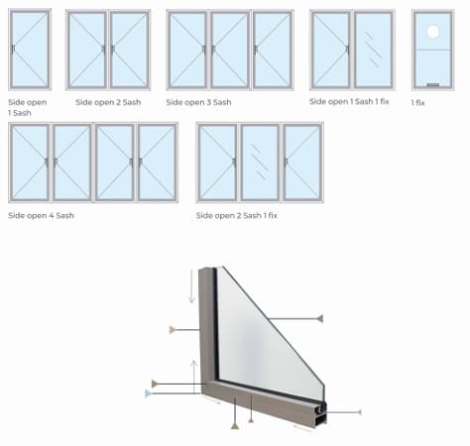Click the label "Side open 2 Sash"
pyautogui.click(x=108, y=102)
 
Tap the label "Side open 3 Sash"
pyautogui.click(x=198, y=102)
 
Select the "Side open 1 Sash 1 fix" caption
pyautogui.click(x=349, y=101)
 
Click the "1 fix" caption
pyautogui.click(x=417, y=103)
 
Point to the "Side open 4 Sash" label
pyautogui.click(x=41, y=216)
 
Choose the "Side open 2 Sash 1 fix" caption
pyautogui.click(x=237, y=216)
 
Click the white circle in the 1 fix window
pyautogui.click(x=433, y=32)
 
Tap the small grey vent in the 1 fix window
pyautogui.click(x=433, y=85)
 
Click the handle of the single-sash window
pyautogui.click(x=13, y=50)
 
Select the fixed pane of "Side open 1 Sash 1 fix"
pyautogui.click(x=374, y=50)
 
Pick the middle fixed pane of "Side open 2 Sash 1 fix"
pyautogui.click(x=260, y=163)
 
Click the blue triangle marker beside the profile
pyautogui.click(x=148, y=393)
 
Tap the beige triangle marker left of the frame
pyautogui.click(x=173, y=330)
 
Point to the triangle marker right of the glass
pyautogui.click(x=319, y=319)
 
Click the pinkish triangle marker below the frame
pyautogui.click(x=251, y=420)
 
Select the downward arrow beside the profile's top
pyautogui.click(x=191, y=286)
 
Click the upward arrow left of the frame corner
pyautogui.click(x=194, y=377)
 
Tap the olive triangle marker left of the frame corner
pyautogui.click(x=155, y=384)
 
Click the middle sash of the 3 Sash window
pyautogui.click(x=230, y=50)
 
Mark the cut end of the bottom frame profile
pyautogui.click(x=320, y=413)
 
